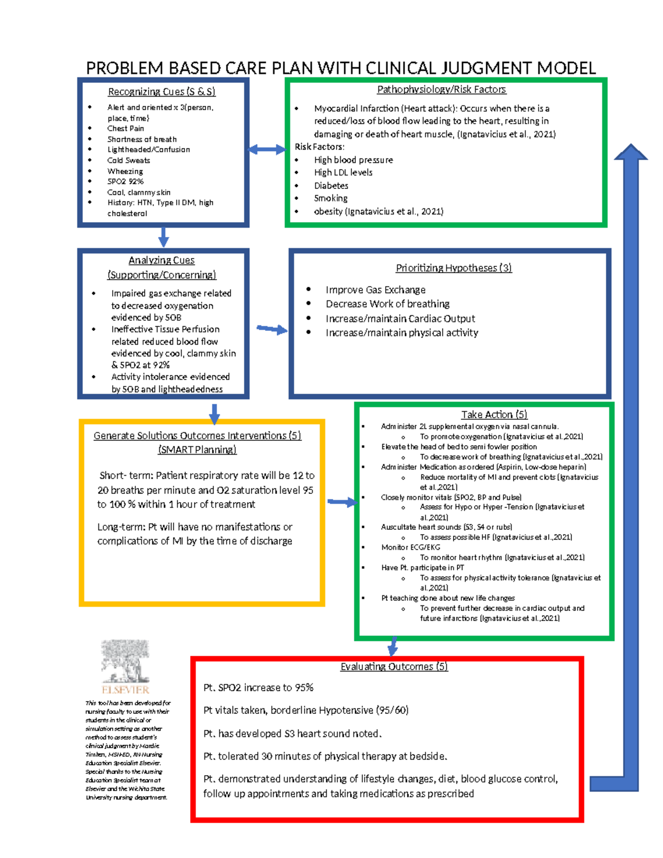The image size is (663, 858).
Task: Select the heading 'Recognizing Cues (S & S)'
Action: [x=161, y=92]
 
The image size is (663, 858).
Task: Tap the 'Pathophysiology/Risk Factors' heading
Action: [x=441, y=90]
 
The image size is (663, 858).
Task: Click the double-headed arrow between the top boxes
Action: [x=266, y=149]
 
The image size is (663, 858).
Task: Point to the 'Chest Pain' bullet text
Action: [x=125, y=129]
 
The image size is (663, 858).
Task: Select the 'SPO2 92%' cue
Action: [x=125, y=181]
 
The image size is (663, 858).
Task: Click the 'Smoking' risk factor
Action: [x=331, y=198]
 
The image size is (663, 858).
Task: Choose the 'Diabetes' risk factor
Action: [x=331, y=186]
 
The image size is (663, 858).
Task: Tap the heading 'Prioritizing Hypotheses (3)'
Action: [x=454, y=268]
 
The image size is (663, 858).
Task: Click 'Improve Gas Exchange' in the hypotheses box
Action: [x=376, y=290]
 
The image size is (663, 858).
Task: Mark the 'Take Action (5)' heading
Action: [x=494, y=414]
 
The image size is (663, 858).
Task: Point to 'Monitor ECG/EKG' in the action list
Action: [x=411, y=547]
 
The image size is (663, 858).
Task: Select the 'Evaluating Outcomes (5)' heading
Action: [x=394, y=667]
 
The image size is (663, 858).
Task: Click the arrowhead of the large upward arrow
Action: [x=630, y=152]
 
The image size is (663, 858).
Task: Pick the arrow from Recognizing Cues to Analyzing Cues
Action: [x=164, y=236]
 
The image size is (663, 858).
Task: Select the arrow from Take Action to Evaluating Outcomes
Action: [x=393, y=645]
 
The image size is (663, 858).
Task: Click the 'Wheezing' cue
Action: [x=125, y=171]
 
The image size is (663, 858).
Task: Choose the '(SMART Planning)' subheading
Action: [x=197, y=450]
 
